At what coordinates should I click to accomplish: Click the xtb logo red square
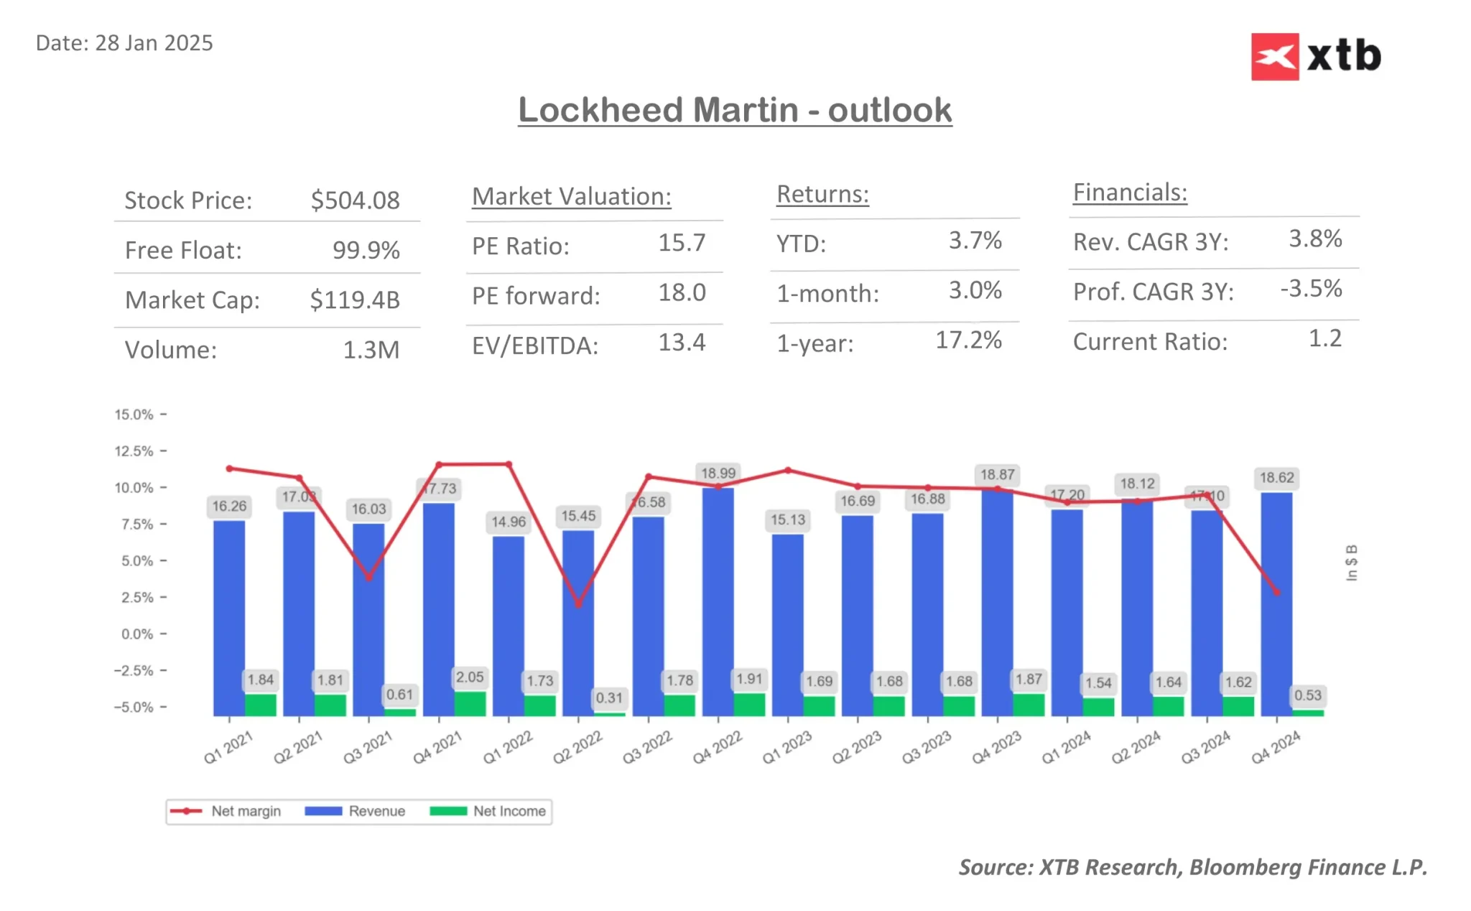coord(1274,57)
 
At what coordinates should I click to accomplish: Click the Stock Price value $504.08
coord(355,200)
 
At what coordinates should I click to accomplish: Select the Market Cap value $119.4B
coord(354,300)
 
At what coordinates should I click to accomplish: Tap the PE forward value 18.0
coord(682,293)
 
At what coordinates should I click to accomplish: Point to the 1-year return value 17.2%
coord(967,341)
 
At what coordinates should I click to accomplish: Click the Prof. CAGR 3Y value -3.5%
coord(1311,289)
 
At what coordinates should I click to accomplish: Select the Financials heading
coord(1129,193)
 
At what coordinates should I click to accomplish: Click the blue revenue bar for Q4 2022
coord(718,604)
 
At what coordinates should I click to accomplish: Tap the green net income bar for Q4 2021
coord(470,703)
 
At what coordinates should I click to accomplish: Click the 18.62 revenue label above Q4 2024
coord(1276,478)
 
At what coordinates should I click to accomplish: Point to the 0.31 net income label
coord(609,698)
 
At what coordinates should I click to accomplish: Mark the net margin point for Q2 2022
coord(578,604)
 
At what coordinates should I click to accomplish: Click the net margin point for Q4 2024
coord(1276,592)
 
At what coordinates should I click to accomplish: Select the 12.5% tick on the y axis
coord(134,451)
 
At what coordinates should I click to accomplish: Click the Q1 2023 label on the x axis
coord(787,747)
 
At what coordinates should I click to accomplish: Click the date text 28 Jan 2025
coord(154,43)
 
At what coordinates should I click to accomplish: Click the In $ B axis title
coord(1351,563)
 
